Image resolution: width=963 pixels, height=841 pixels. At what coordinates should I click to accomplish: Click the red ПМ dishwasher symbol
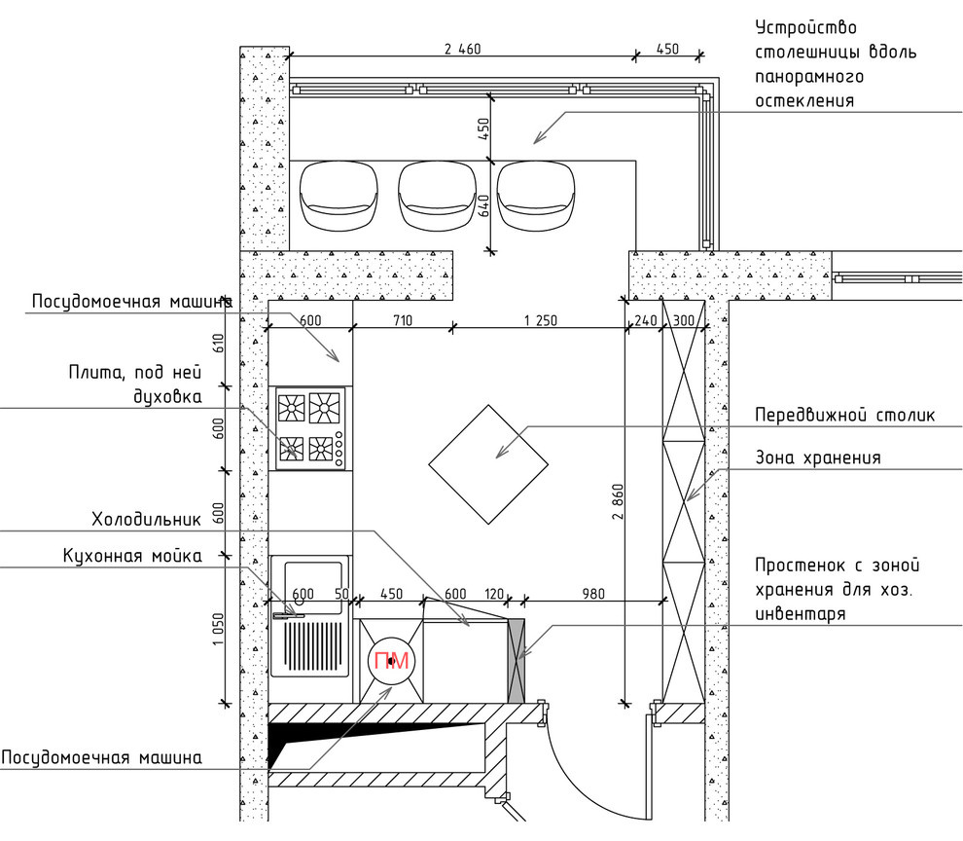click(x=391, y=661)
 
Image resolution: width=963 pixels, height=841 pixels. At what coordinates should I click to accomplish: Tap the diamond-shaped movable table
click(x=488, y=464)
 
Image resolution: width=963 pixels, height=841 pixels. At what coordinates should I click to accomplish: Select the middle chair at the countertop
click(x=438, y=196)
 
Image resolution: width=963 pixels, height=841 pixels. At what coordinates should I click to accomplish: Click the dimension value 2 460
click(x=462, y=49)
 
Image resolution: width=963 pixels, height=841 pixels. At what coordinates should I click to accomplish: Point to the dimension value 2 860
click(x=618, y=501)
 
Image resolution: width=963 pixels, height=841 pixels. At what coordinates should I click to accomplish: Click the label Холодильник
click(x=146, y=520)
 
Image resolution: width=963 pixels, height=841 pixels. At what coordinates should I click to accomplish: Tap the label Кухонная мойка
click(x=132, y=557)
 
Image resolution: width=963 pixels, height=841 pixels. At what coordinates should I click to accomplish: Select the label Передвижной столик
click(x=844, y=415)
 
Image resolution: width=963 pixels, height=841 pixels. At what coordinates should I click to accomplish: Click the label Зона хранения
click(x=817, y=458)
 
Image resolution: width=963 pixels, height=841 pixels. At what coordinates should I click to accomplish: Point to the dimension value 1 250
click(x=541, y=320)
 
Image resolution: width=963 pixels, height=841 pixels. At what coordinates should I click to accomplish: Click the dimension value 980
click(x=592, y=594)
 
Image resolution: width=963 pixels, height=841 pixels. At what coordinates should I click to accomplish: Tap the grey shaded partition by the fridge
click(x=516, y=660)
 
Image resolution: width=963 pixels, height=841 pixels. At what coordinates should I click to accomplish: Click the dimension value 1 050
click(x=219, y=629)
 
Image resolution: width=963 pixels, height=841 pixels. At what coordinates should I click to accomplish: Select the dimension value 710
click(x=403, y=320)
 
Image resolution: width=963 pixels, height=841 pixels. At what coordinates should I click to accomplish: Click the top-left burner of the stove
click(x=291, y=407)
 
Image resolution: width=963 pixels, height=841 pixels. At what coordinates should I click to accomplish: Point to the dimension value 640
click(x=484, y=206)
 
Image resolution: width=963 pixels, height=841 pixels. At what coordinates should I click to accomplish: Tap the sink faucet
click(x=288, y=615)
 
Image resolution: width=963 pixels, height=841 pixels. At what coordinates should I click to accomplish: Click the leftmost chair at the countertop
click(x=339, y=196)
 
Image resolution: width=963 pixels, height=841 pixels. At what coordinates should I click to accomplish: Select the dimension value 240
click(x=646, y=320)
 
